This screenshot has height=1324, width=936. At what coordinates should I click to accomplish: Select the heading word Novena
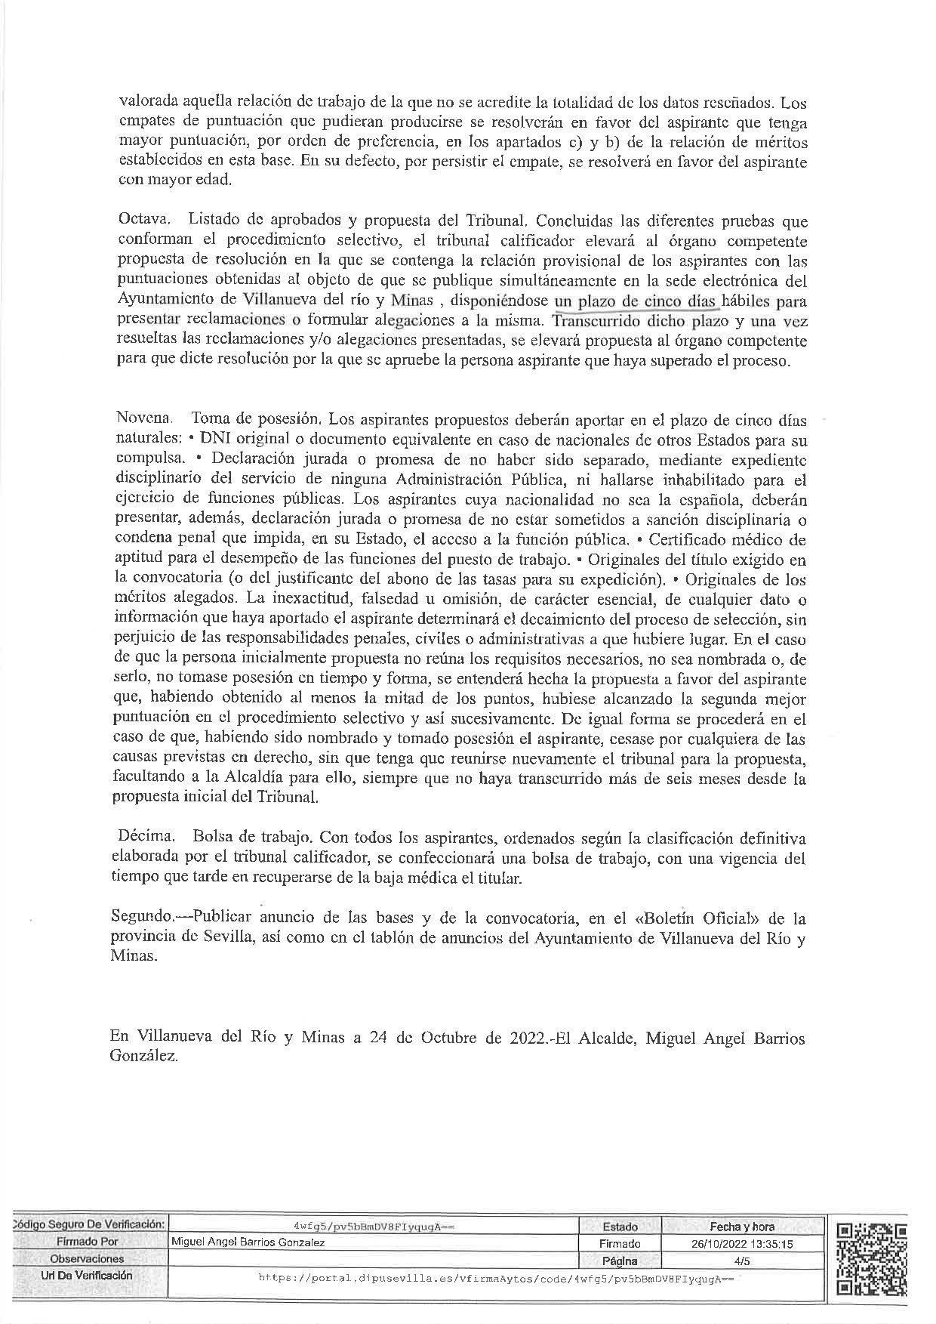(x=144, y=418)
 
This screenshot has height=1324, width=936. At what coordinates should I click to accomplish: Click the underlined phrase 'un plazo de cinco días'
(x=636, y=301)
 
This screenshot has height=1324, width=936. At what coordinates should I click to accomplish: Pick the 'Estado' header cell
(x=620, y=1227)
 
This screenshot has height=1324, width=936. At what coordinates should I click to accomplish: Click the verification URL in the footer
(x=496, y=1278)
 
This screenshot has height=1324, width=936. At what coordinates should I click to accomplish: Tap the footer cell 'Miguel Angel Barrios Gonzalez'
(x=248, y=1243)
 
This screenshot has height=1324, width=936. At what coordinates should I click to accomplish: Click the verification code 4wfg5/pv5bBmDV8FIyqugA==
(x=374, y=1227)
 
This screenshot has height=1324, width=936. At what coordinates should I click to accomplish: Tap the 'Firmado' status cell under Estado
(x=620, y=1244)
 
